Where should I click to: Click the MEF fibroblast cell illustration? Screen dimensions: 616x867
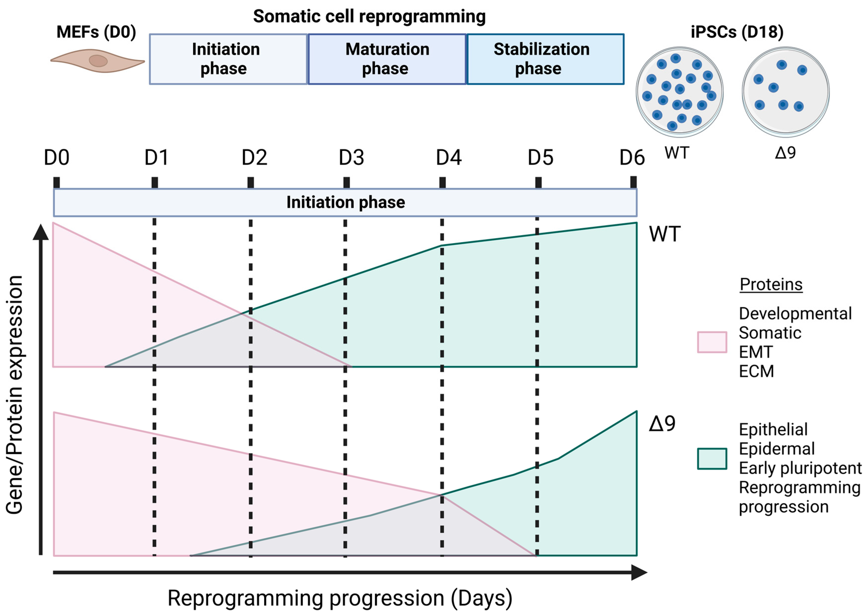click(x=98, y=61)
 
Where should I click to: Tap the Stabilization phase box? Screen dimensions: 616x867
click(x=545, y=59)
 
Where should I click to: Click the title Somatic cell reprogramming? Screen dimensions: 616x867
click(x=369, y=17)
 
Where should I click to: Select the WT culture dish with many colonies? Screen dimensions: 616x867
click(x=679, y=92)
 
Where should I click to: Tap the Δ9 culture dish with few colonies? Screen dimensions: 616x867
click(x=785, y=92)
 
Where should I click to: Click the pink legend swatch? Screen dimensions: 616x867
click(x=712, y=342)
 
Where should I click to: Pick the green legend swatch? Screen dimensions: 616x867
click(x=712, y=459)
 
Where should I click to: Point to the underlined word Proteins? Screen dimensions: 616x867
click(x=771, y=284)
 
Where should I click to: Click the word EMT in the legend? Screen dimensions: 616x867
click(x=756, y=352)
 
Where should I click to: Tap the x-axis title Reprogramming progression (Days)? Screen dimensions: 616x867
click(x=340, y=598)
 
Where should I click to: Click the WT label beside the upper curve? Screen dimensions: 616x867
click(x=665, y=234)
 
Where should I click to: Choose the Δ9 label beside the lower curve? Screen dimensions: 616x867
click(x=662, y=423)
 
